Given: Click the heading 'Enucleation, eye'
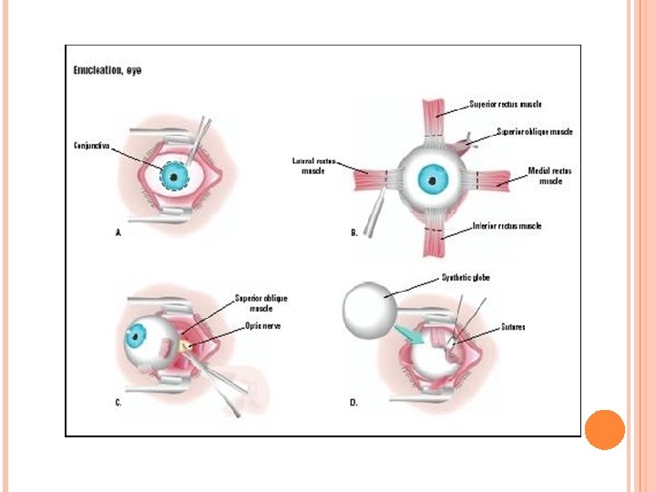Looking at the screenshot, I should [108, 69].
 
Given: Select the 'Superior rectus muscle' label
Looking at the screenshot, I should [505, 104].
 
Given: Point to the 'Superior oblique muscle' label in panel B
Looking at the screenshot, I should [535, 132].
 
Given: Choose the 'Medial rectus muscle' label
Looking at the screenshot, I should [550, 175].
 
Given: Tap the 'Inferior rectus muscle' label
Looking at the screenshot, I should [506, 226].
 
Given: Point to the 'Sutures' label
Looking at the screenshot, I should [512, 326].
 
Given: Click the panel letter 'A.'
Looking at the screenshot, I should [118, 233].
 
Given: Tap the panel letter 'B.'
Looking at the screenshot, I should [354, 233].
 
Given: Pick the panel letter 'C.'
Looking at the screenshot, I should [118, 402].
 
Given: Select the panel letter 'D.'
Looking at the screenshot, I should [354, 402].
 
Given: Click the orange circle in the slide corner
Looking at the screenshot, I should [604, 429].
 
